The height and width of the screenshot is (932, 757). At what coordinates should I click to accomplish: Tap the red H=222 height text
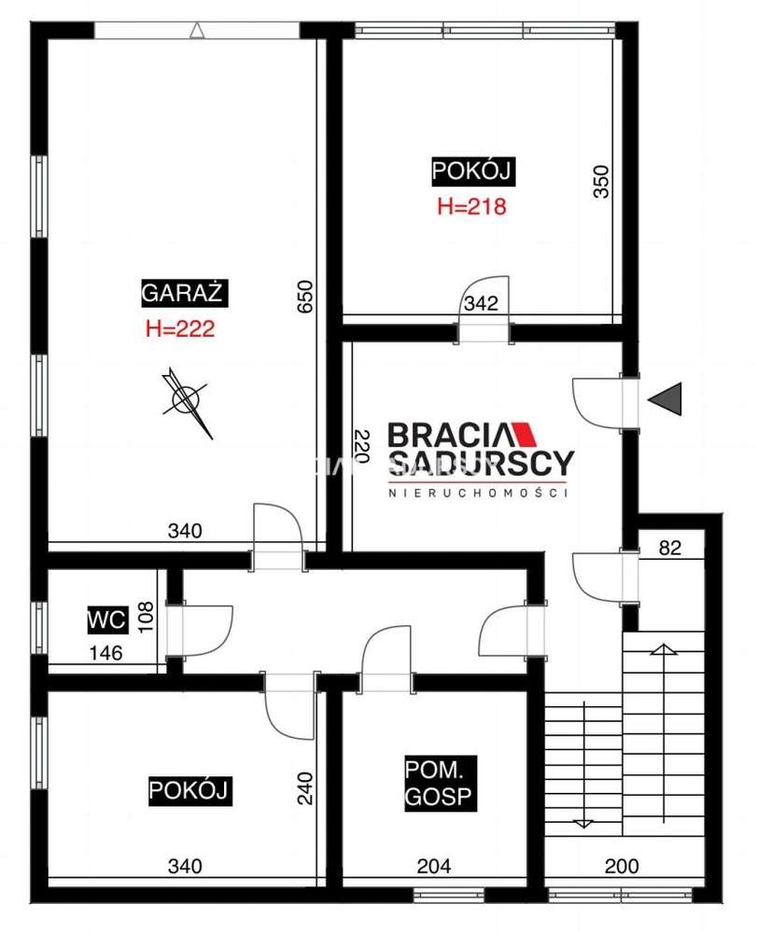coord(180,328)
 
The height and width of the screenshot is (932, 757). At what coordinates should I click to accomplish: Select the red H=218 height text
coord(471,206)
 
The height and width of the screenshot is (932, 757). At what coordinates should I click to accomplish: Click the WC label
coord(107,620)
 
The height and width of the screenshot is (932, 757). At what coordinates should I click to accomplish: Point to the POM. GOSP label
coord(439,783)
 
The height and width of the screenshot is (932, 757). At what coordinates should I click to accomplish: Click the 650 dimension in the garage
coord(304,298)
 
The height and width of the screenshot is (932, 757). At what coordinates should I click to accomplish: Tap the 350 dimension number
coord(602,182)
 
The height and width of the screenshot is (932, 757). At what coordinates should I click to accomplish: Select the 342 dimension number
coord(481,303)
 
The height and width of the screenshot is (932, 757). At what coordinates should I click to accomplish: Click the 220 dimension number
coord(361,446)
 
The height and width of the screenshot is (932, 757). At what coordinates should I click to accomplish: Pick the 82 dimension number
coord(670,548)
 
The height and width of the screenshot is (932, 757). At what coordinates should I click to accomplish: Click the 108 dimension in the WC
coord(146,617)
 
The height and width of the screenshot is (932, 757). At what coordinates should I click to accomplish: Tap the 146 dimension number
coord(105,653)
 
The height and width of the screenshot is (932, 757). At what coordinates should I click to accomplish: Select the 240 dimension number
coord(304,788)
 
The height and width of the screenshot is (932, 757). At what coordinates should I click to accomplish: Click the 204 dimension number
coord(434,866)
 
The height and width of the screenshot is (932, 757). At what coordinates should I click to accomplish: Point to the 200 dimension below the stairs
coord(622,866)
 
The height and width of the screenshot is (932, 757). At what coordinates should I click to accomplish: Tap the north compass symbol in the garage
coord(186,400)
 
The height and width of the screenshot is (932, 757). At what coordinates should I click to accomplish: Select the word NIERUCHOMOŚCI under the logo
coord(478,493)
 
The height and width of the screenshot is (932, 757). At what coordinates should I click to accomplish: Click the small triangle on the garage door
coord(197,31)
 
